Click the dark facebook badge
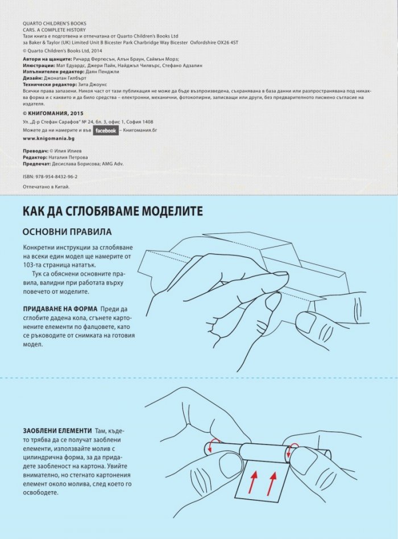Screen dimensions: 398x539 point(106,131)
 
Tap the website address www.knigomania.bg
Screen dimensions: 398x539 point(48,138)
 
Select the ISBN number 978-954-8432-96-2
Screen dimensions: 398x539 point(56,176)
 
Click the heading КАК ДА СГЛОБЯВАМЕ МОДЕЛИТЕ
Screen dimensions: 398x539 point(113,211)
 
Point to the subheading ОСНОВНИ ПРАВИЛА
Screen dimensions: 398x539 point(67,232)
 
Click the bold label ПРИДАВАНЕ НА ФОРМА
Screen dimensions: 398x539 point(60,308)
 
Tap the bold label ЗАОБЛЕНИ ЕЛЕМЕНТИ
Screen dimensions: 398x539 point(57,431)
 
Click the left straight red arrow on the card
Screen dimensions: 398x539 point(253,481)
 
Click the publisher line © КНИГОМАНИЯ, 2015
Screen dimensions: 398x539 point(53,113)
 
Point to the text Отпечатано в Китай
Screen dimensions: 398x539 point(46,187)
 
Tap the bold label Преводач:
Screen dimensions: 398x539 point(35,151)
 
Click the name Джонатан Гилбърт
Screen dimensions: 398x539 point(65,78)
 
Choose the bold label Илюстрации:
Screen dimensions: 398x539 point(39,65)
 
